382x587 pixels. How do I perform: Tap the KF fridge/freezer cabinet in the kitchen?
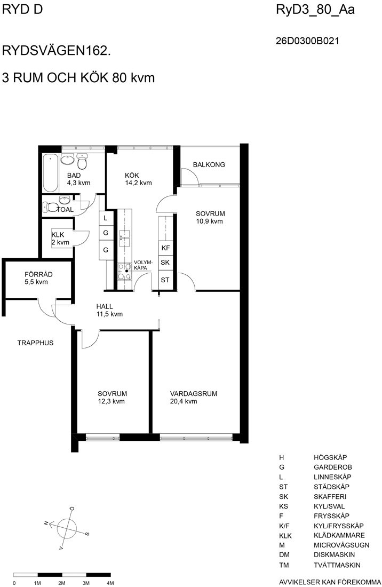(166, 248)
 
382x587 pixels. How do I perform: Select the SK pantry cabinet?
(166, 263)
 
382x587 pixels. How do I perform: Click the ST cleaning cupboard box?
(166, 280)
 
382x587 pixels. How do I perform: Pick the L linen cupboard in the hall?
(106, 218)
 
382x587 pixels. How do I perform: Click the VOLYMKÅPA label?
(143, 265)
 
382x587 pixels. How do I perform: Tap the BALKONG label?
(209, 164)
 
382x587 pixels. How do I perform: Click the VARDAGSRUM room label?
(194, 393)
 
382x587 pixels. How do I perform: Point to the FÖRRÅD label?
(38, 274)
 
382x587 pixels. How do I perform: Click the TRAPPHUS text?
(35, 343)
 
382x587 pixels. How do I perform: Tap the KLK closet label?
(58, 235)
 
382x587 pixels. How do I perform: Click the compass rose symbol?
(67, 527)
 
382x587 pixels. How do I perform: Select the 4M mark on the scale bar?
(110, 583)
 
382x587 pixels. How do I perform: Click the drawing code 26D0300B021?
(307, 41)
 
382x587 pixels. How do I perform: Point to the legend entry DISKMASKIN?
(334, 554)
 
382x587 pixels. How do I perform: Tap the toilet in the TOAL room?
(50, 207)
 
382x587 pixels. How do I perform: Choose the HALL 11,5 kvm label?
(109, 310)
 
